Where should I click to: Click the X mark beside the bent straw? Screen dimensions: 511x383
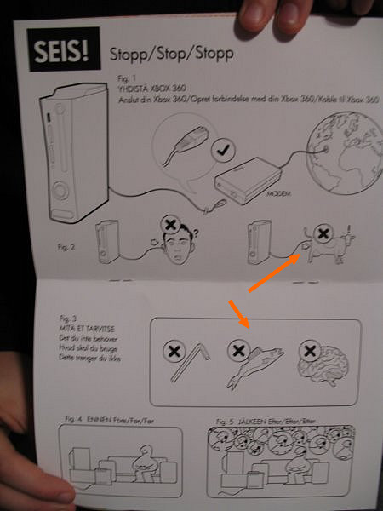[x=174, y=350]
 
